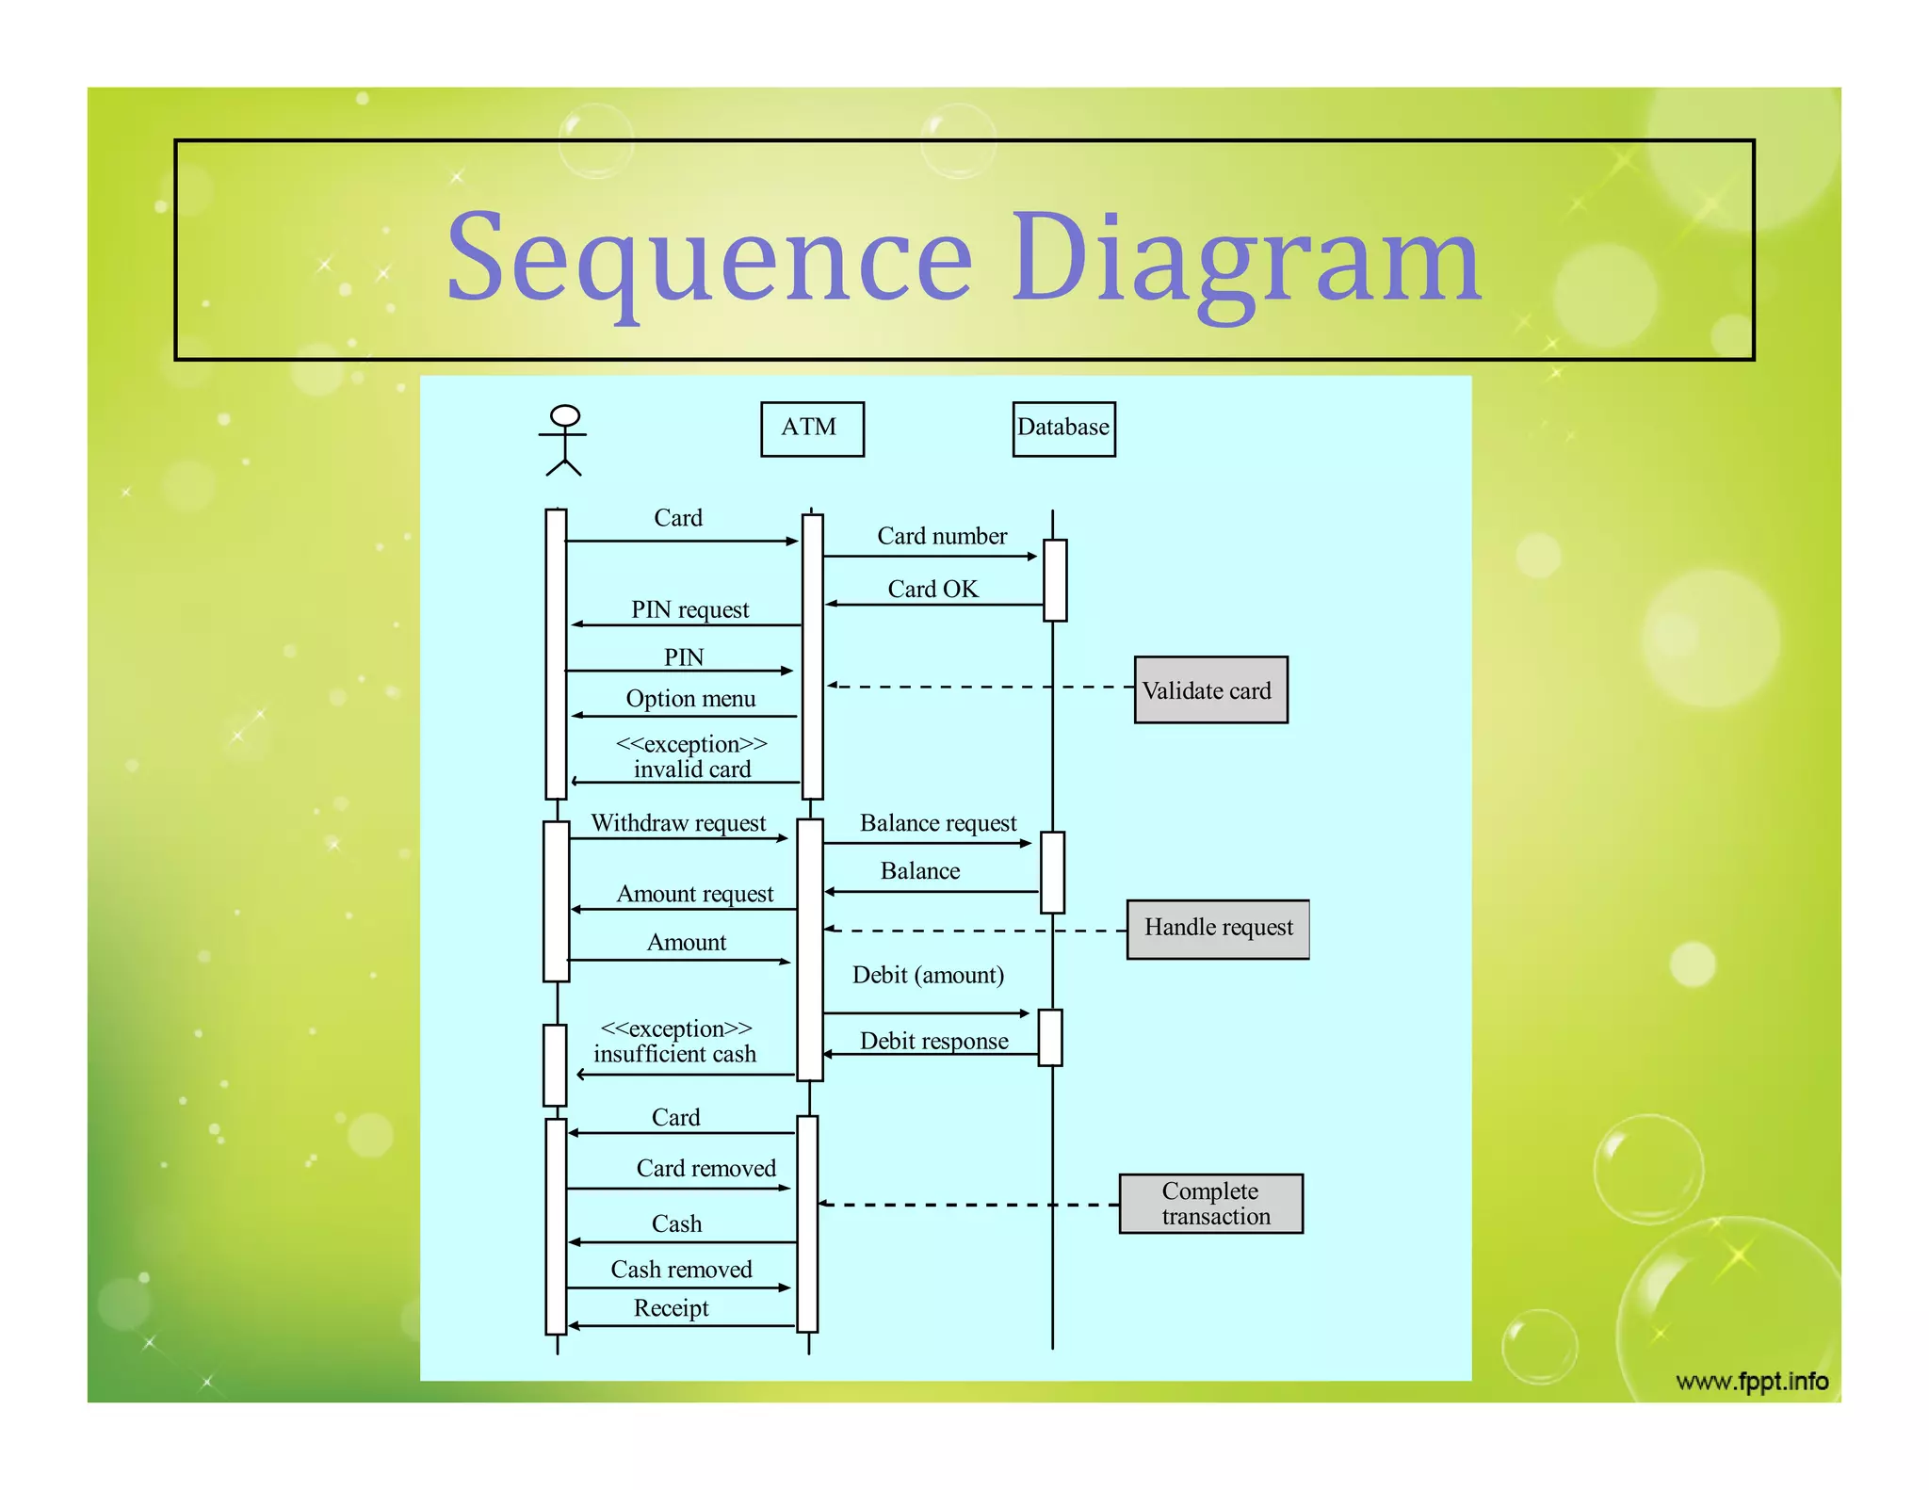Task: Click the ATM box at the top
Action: (x=812, y=429)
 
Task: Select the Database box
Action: (x=1063, y=429)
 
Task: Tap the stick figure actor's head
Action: (x=564, y=415)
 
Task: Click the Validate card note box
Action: (x=1210, y=690)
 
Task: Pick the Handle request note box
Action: (x=1218, y=929)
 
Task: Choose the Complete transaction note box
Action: (x=1211, y=1204)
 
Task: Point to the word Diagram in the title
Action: (x=1246, y=259)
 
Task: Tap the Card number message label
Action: (x=942, y=536)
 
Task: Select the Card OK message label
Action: (x=932, y=589)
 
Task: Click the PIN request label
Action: (x=689, y=609)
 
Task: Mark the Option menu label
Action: (x=690, y=699)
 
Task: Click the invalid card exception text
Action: (x=691, y=769)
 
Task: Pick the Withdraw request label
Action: (x=678, y=823)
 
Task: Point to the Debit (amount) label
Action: (x=928, y=975)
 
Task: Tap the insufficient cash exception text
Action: (x=674, y=1053)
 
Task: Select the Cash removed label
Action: (x=681, y=1270)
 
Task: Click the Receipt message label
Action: (x=671, y=1308)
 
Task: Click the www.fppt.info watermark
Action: (x=1752, y=1382)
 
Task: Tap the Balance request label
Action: (x=938, y=823)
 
